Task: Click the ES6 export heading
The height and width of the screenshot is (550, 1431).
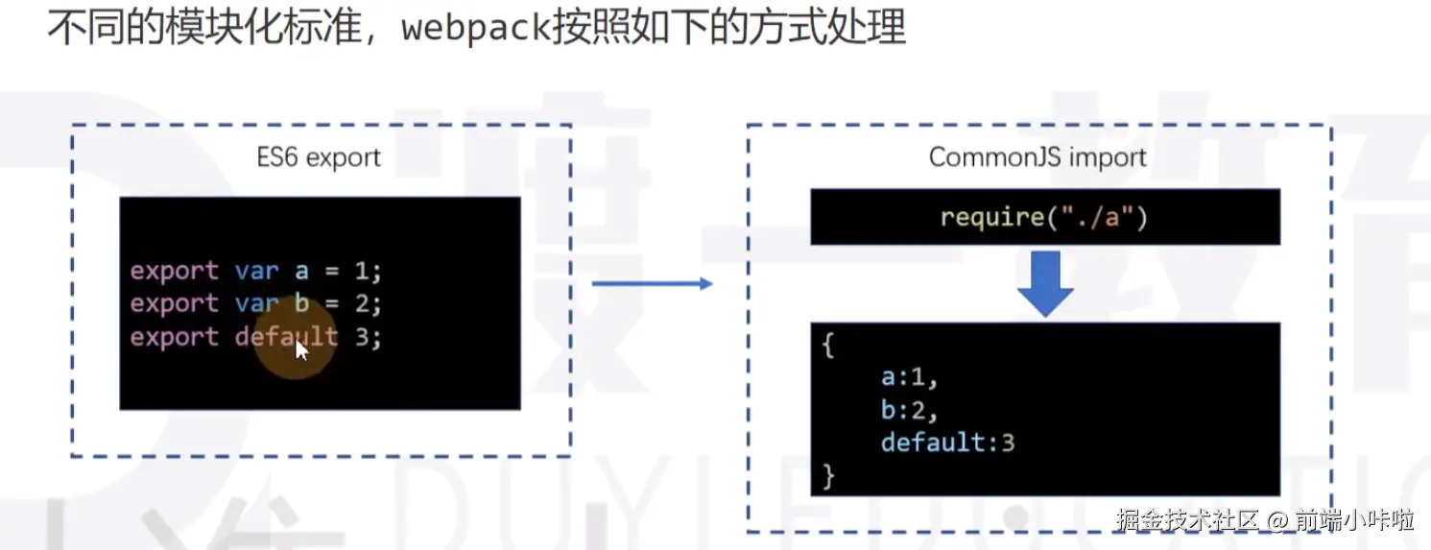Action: click(x=318, y=156)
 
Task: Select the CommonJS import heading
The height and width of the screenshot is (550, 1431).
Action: click(x=1037, y=156)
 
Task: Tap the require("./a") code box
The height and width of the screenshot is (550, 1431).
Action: click(x=1044, y=217)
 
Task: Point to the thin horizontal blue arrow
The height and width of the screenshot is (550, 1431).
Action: click(x=652, y=283)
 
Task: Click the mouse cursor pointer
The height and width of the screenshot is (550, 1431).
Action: click(x=301, y=349)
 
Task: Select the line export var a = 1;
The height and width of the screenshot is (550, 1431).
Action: click(x=255, y=271)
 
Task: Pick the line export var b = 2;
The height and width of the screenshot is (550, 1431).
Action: click(x=255, y=303)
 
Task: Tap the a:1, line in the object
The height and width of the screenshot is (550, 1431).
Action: click(x=908, y=377)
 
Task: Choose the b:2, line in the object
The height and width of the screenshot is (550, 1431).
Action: click(x=908, y=410)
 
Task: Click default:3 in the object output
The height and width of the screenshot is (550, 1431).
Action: click(x=947, y=442)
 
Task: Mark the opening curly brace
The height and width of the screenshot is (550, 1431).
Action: click(x=829, y=346)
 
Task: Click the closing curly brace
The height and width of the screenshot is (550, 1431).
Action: click(x=829, y=475)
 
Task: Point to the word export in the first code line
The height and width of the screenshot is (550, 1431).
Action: click(x=174, y=271)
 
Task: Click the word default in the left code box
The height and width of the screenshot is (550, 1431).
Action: click(x=286, y=337)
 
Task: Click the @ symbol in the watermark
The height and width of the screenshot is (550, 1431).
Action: click(x=1276, y=521)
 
